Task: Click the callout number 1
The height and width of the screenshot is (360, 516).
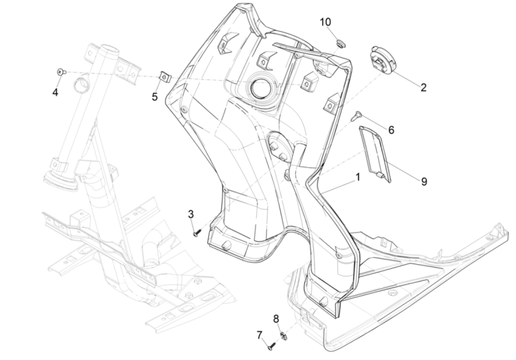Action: pyautogui.click(x=358, y=177)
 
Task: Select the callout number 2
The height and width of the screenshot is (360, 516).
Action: pyautogui.click(x=423, y=87)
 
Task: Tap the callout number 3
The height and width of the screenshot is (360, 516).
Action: pyautogui.click(x=191, y=214)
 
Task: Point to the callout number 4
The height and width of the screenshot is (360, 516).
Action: pyautogui.click(x=55, y=92)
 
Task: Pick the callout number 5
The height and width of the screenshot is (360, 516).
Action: pyautogui.click(x=154, y=96)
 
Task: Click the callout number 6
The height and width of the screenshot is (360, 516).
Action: pyautogui.click(x=391, y=130)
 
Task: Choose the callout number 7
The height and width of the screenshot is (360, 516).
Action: pyautogui.click(x=260, y=335)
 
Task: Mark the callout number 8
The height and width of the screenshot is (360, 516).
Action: pyautogui.click(x=276, y=319)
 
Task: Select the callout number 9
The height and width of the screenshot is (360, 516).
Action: pyautogui.click(x=424, y=181)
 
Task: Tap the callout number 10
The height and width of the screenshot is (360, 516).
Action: pyautogui.click(x=325, y=22)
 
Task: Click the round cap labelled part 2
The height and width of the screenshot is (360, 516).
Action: pyautogui.click(x=383, y=60)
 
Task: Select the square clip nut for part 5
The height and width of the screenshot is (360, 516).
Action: pyautogui.click(x=164, y=76)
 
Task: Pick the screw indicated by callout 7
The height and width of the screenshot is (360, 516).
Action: pyautogui.click(x=271, y=347)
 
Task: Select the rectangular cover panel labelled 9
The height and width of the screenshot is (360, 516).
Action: pyautogui.click(x=376, y=151)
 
